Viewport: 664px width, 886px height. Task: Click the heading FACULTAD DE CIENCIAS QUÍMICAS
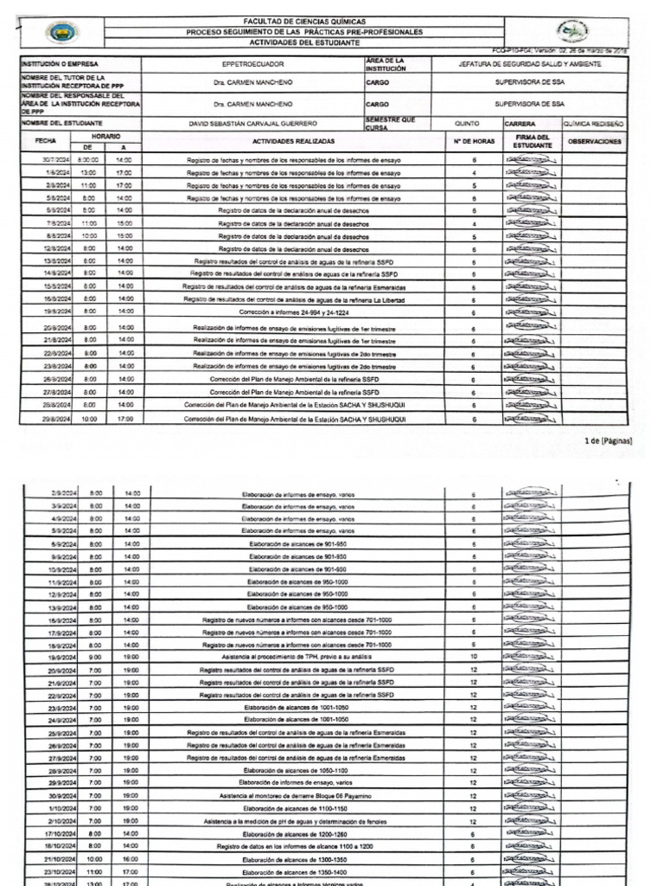(x=305, y=21)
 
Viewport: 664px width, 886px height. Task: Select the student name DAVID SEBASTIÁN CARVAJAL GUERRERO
(x=246, y=125)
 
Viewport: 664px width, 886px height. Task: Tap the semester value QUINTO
(x=466, y=125)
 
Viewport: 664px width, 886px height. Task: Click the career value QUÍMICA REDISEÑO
(x=594, y=125)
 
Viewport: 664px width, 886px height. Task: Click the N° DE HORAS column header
(x=474, y=140)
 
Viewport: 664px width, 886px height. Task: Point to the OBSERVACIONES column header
(x=594, y=140)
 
